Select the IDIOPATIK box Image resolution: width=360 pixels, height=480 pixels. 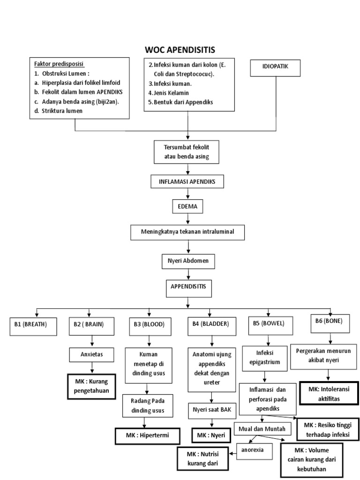(x=275, y=67)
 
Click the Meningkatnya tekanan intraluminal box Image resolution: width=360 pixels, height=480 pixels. (x=187, y=232)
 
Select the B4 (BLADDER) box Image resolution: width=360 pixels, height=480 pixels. (x=208, y=324)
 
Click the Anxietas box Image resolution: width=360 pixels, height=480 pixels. (x=92, y=355)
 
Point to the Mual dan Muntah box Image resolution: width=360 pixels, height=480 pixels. (x=263, y=428)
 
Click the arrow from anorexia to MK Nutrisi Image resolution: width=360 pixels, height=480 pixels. (x=233, y=453)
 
